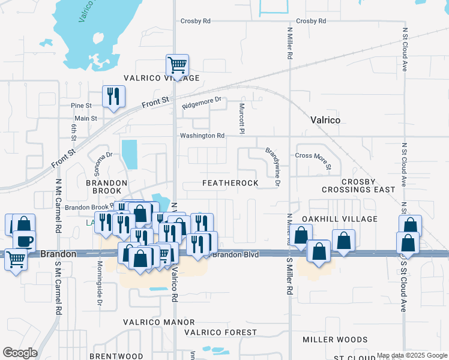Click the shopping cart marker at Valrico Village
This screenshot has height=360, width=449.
[x=177, y=64]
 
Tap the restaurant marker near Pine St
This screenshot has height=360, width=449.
[x=113, y=96]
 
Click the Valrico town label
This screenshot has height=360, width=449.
[x=325, y=120]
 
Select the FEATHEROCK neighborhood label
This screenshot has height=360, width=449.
[x=231, y=182]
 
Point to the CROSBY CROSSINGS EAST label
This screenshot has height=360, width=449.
[x=359, y=185]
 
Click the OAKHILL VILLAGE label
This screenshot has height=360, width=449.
[x=340, y=219]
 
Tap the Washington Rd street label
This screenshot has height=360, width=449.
[x=203, y=136]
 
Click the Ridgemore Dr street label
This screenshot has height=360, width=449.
[x=202, y=103]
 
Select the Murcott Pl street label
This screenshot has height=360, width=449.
[x=242, y=118]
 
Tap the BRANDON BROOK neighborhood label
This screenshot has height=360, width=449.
[x=106, y=183]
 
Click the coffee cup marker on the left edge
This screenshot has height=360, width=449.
[x=24, y=241]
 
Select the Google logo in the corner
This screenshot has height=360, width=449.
[x=20, y=352]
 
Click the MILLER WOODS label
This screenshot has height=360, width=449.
[x=334, y=340]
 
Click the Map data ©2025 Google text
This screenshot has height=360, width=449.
[x=411, y=355]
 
